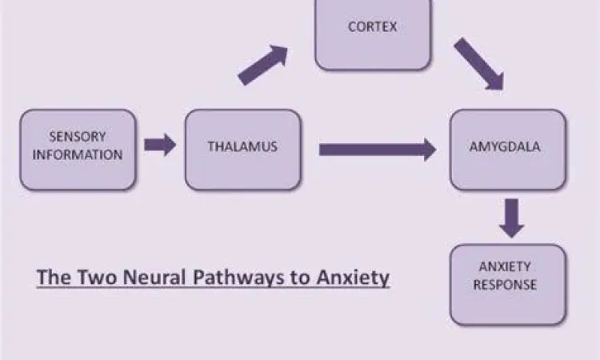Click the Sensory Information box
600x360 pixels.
[78, 150]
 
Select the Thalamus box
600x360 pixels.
[242, 149]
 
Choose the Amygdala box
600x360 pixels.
[507, 149]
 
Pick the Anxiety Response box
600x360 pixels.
[507, 283]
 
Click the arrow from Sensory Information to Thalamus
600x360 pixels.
[159, 145]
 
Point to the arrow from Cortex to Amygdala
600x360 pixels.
[478, 62]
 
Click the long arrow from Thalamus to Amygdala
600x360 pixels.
[377, 149]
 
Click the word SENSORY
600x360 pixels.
[77, 137]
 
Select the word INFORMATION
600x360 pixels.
[77, 155]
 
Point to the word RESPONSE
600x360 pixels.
[507, 284]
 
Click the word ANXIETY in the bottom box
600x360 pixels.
[507, 266]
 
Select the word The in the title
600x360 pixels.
[50, 278]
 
